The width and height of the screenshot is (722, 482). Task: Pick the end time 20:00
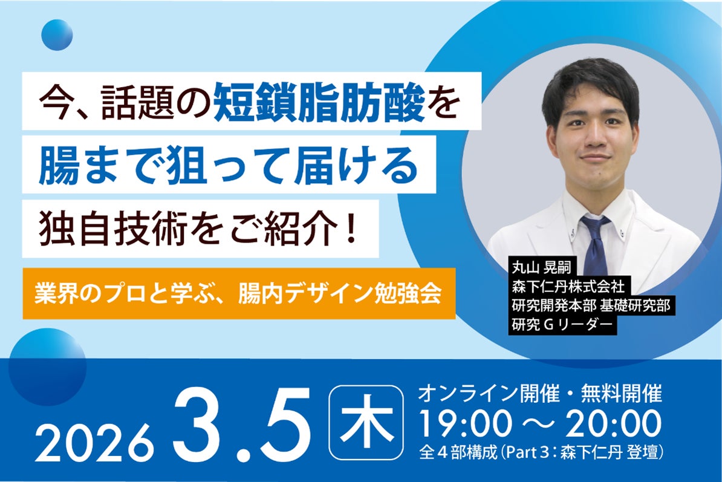[x=612, y=424]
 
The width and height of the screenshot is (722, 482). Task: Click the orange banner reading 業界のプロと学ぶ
[x=238, y=294]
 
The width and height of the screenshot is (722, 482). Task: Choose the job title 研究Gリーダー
[x=562, y=325]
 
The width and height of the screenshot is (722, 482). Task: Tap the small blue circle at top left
[x=57, y=34]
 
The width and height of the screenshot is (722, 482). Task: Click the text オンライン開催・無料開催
[x=540, y=395]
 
